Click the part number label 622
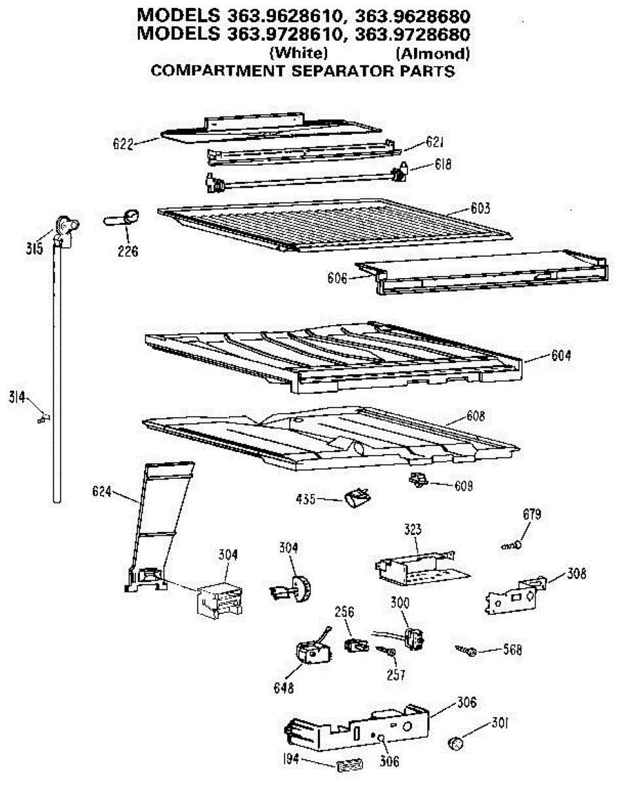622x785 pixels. point(122,143)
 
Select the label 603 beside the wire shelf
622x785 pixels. point(480,209)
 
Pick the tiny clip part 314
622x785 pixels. point(44,417)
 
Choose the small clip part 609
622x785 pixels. point(417,481)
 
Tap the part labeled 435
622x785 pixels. point(352,500)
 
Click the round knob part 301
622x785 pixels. point(455,742)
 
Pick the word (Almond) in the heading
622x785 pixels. point(432,53)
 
